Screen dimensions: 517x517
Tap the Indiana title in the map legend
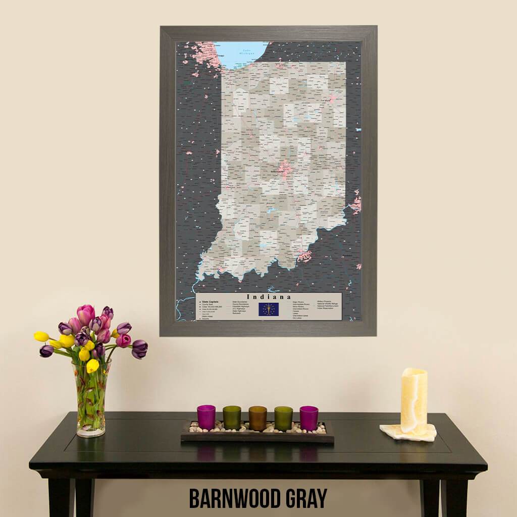point(269,297)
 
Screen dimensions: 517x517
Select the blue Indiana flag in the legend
point(269,309)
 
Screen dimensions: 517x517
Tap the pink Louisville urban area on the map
point(304,255)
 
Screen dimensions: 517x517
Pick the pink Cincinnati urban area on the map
point(356,204)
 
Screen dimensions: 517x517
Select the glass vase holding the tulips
point(91,399)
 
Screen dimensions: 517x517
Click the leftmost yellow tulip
point(41,336)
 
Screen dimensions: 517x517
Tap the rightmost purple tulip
point(139,348)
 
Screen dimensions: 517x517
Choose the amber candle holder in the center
point(257,418)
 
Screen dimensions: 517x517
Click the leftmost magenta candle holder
point(206,417)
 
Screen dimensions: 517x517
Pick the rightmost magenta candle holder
point(309,418)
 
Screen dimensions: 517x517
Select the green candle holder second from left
point(232,418)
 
